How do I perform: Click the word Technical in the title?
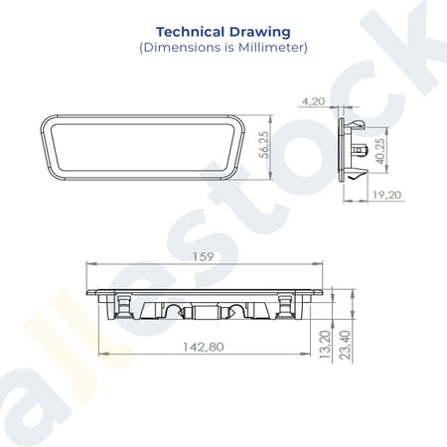pyautogui.click(x=190, y=32)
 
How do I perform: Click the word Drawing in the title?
pyautogui.click(x=260, y=33)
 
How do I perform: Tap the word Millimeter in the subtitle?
pyautogui.click(x=271, y=47)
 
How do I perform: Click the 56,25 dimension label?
pyautogui.click(x=264, y=145)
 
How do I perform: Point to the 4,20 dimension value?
pyautogui.click(x=313, y=101)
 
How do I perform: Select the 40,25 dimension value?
pyautogui.click(x=380, y=151)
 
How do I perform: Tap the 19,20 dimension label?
pyautogui.click(x=386, y=195)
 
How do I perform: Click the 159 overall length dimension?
pyautogui.click(x=204, y=256)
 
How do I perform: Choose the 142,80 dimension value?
pyautogui.click(x=204, y=347)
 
